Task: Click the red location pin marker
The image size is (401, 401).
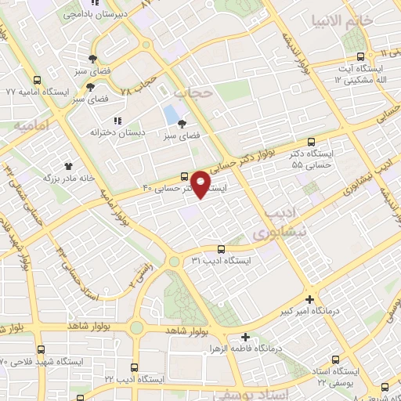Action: click(202, 184)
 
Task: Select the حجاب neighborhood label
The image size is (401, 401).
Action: click(193, 92)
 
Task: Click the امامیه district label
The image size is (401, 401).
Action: click(31, 126)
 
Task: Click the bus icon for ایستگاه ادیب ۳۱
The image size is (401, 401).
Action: click(221, 247)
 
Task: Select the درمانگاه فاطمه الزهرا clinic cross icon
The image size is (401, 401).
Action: click(245, 337)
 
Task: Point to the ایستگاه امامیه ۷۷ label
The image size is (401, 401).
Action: click(34, 92)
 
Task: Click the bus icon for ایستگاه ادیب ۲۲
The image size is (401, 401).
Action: click(135, 367)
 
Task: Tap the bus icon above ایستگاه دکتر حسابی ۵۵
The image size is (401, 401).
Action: click(312, 143)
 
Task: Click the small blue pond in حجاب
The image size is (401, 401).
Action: click(170, 115)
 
